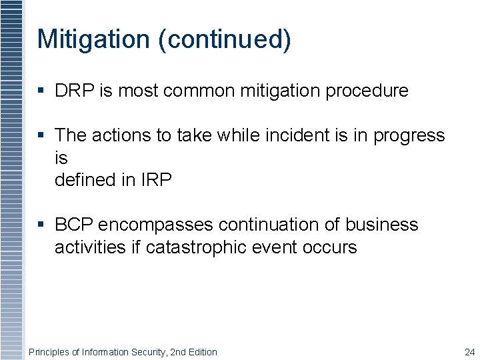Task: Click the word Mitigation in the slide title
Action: click(94, 39)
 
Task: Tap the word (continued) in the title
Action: click(225, 40)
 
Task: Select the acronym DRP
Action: click(75, 91)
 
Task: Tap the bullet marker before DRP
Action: click(41, 91)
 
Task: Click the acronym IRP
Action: click(157, 180)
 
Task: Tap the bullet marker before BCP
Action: click(41, 225)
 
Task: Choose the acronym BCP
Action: click(74, 225)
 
